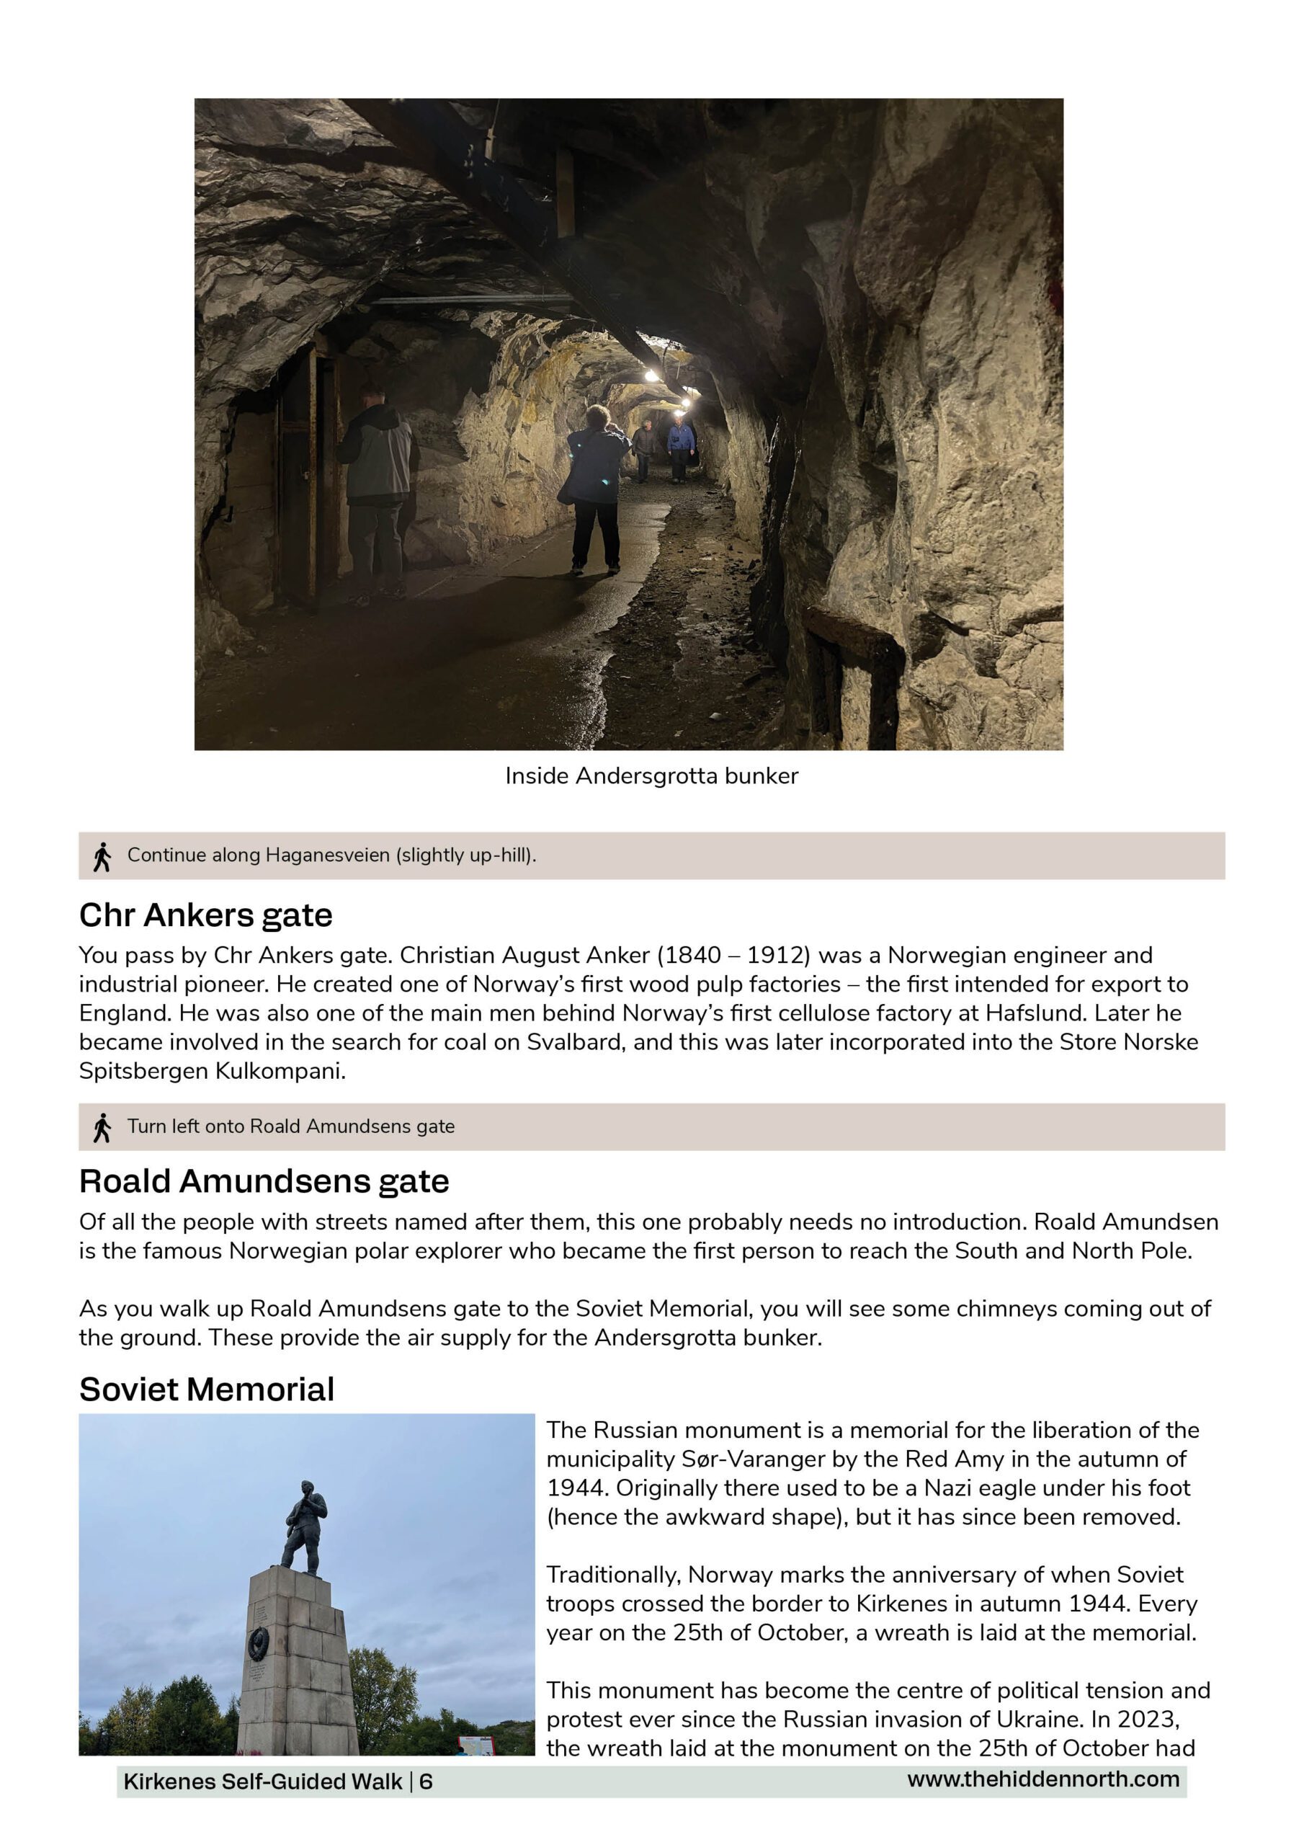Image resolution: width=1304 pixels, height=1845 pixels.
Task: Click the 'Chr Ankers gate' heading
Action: [205, 915]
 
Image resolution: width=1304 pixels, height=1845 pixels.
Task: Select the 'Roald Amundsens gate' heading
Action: [264, 1181]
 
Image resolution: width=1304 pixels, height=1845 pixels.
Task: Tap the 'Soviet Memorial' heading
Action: [207, 1390]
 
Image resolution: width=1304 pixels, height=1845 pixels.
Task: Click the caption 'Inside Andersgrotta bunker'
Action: [651, 776]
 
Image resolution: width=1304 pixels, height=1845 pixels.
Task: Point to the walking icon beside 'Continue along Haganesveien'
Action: [102, 857]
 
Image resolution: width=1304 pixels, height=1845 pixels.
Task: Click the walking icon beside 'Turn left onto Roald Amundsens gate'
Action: [102, 1127]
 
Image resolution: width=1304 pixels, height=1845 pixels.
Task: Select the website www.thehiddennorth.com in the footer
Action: [1043, 1779]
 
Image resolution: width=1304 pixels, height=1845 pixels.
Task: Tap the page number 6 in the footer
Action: [426, 1782]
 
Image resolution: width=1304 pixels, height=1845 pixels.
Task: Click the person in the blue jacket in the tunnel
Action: [681, 446]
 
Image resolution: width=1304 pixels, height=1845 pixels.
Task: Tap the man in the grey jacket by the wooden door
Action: [376, 490]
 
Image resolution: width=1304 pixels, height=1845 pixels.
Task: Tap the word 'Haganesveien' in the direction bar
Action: [328, 855]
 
